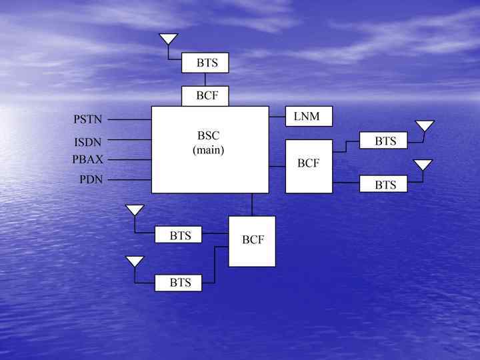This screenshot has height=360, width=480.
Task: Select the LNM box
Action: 309,117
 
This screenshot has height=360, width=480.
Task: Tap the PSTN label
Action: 88,120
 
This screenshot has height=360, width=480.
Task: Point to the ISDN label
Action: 88,142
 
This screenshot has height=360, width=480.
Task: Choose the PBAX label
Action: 88,160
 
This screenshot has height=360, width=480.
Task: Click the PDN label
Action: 91,180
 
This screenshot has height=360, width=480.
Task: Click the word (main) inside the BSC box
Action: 209,150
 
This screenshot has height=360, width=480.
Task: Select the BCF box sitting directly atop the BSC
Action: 205,96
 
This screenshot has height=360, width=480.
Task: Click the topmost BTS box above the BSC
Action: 205,63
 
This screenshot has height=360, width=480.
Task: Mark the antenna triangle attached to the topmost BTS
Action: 169,39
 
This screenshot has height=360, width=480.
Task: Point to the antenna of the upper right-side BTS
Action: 425,125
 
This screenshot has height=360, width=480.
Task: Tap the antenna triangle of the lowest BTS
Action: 135,261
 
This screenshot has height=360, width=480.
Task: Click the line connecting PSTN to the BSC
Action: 130,119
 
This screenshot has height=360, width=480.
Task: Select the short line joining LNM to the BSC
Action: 277,117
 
